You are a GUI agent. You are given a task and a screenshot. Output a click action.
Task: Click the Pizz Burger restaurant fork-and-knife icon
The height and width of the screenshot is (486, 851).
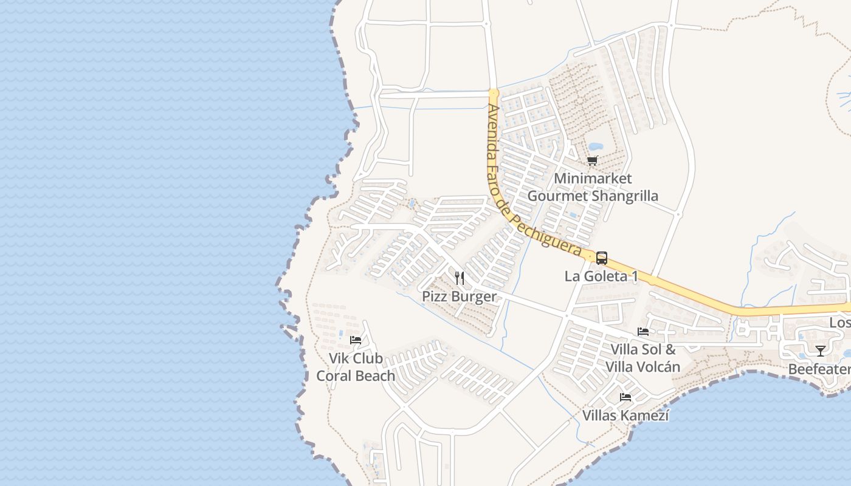[460, 278]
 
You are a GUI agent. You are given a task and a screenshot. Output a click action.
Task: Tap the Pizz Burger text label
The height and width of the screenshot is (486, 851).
[460, 296]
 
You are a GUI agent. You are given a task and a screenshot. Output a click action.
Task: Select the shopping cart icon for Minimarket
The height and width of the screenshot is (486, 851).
[592, 160]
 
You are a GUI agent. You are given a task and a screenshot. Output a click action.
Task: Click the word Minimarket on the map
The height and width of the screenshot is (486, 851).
[593, 179]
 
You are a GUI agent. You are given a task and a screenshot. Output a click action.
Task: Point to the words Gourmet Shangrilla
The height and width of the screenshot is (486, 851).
[593, 196]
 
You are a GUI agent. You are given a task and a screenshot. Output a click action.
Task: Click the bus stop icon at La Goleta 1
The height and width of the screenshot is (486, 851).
[601, 258]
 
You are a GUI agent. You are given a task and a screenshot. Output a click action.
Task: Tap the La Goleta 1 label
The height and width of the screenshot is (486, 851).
[601, 276]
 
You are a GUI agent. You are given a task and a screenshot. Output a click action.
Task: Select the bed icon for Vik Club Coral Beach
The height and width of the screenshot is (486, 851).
[356, 340]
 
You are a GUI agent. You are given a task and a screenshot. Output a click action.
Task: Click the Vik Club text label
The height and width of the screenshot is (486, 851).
[356, 358]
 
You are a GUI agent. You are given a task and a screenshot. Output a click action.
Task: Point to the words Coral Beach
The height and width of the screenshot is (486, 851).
[356, 375]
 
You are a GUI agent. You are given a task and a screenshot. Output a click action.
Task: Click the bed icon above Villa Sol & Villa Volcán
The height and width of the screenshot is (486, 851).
[643, 332]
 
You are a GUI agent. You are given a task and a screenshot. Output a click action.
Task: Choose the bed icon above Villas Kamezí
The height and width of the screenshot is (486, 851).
[625, 397]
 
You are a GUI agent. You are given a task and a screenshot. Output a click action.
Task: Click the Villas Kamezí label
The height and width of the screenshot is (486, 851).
[625, 416]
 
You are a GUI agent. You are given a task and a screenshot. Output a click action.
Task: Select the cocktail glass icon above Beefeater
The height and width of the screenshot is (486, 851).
[821, 351]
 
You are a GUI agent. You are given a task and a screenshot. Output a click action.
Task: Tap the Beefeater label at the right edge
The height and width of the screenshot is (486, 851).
[819, 369]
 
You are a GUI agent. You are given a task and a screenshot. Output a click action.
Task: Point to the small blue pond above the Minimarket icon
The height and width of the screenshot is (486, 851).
[595, 146]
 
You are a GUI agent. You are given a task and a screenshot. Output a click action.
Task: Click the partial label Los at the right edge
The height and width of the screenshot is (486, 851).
[840, 323]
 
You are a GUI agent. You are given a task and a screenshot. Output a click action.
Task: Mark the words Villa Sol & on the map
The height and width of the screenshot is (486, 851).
[643, 349]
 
